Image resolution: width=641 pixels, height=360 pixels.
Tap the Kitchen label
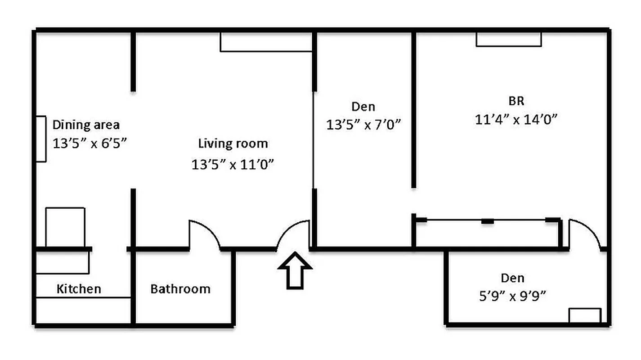[x=79, y=288]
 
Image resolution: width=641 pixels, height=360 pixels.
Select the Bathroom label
[x=180, y=288]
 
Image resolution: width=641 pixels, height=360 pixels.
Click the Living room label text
[x=233, y=144]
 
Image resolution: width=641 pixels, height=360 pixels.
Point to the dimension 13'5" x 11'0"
[x=233, y=165]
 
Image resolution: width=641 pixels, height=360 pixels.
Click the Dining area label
[x=86, y=124]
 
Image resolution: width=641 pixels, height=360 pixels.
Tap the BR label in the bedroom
[x=517, y=100]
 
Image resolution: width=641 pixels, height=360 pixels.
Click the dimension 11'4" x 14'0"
[x=516, y=120]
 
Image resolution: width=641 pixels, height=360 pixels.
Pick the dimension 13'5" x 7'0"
[x=363, y=125]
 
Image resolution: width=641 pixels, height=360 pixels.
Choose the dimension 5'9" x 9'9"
[x=513, y=296]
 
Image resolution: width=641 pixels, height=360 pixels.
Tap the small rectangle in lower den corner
[x=584, y=315]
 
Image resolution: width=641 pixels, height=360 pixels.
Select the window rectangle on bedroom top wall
[x=509, y=39]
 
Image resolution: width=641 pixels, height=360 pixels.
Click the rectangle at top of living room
[x=266, y=42]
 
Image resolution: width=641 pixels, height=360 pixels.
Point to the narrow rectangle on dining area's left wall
[x=41, y=139]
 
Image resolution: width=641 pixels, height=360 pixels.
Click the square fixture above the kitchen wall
[x=65, y=227]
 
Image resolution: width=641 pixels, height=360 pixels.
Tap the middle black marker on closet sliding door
[x=487, y=221]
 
